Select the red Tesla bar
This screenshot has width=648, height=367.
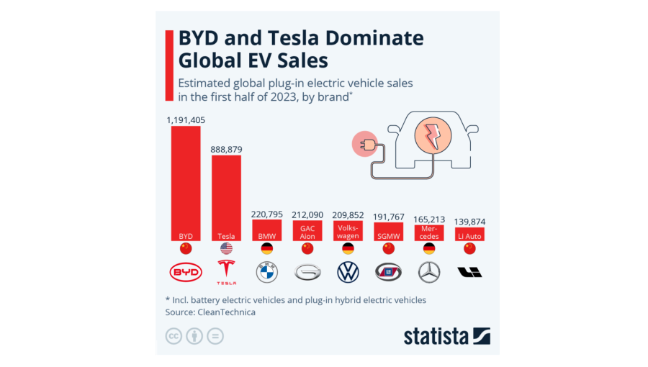pyautogui.click(x=226, y=198)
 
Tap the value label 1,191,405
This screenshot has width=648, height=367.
pyautogui.click(x=186, y=119)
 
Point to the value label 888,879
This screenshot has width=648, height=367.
pyautogui.click(x=226, y=149)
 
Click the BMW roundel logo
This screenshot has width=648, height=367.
pyautogui.click(x=266, y=272)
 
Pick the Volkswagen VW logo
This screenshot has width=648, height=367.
pyautogui.click(x=348, y=272)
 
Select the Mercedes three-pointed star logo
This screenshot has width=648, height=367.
pyautogui.click(x=429, y=272)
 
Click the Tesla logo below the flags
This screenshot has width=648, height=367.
pyautogui.click(x=226, y=272)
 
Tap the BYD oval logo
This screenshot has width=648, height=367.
pyautogui.click(x=186, y=272)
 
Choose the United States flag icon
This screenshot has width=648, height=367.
pyautogui.click(x=226, y=248)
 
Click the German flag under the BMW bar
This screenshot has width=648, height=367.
pyautogui.click(x=266, y=248)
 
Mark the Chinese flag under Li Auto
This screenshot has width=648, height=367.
pyautogui.click(x=469, y=248)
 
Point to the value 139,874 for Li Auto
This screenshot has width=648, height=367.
pyautogui.click(x=469, y=221)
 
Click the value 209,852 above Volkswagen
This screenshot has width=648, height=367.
pyautogui.click(x=348, y=214)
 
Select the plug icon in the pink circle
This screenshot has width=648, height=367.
pyautogui.click(x=364, y=144)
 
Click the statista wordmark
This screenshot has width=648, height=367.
pyautogui.click(x=436, y=335)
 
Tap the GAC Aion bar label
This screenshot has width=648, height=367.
pyautogui.click(x=307, y=231)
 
